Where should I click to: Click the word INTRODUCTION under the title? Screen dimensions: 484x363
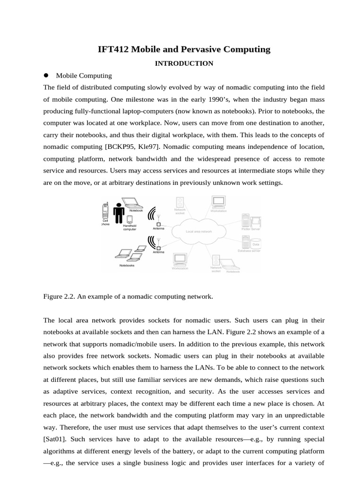184,63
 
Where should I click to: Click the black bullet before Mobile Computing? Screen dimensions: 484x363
46,75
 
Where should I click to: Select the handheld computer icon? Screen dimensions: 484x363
129,219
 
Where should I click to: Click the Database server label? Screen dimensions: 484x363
249,251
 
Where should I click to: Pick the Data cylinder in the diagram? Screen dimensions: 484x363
256,244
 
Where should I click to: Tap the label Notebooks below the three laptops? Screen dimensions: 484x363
127,266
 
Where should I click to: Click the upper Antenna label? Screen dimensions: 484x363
159,229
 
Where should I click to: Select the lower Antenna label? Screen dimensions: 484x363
158,252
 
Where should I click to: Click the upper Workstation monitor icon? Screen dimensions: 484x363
218,202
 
